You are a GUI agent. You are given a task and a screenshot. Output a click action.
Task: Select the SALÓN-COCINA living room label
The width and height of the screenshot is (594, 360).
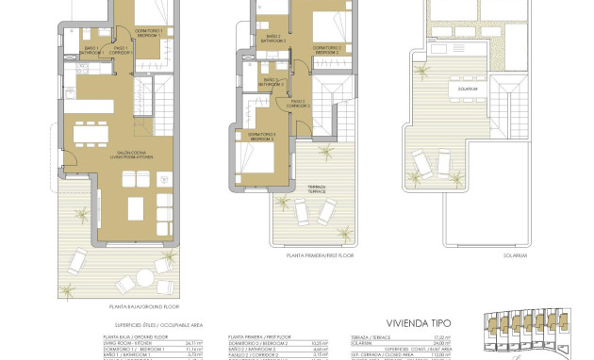[103, 155]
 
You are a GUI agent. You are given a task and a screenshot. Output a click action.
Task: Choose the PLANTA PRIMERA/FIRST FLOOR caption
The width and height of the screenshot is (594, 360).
[321, 254]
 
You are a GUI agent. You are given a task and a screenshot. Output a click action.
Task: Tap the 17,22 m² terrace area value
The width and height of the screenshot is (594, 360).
[469, 337]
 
